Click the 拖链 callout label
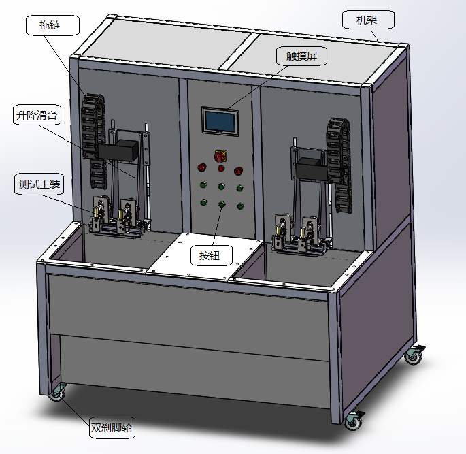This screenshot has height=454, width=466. coord(53,26)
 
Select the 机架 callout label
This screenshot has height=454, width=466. coord(368,20)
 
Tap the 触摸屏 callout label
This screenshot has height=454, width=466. coord(301,56)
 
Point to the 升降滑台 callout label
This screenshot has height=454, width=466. coord(37,115)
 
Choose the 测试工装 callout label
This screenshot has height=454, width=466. coord(39,184)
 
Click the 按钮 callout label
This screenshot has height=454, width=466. coord(212,255)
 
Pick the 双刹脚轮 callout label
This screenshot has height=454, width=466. coord(112,428)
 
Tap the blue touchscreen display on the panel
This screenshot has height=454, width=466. coord(220,121)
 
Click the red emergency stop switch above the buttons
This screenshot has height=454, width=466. coord(220,157)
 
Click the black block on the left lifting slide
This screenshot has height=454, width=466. coord(118,150)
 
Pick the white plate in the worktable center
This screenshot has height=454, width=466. coord(205,257)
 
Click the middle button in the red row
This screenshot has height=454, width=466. coord(221,169)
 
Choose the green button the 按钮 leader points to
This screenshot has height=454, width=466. coord(222,205)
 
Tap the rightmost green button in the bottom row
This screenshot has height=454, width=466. coord(240,206)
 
